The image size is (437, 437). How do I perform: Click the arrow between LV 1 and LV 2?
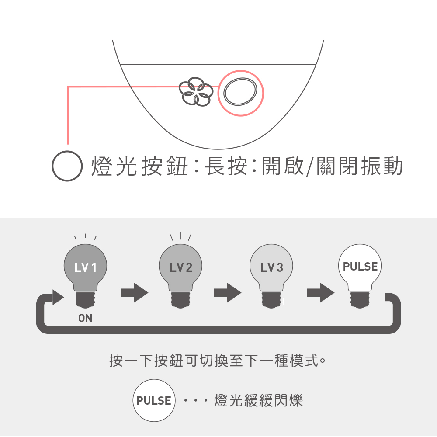(x=134, y=292)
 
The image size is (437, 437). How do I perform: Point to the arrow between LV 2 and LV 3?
(x=227, y=292)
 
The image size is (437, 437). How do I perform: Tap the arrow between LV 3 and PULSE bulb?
(x=320, y=292)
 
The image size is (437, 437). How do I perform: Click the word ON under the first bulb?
(x=86, y=319)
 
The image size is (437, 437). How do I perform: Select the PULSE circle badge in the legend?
(x=154, y=400)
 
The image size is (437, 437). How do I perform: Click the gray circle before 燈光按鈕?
(x=67, y=166)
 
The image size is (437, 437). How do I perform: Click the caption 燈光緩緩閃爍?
(x=259, y=400)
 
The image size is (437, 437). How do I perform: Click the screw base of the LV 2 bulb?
(x=180, y=301)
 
